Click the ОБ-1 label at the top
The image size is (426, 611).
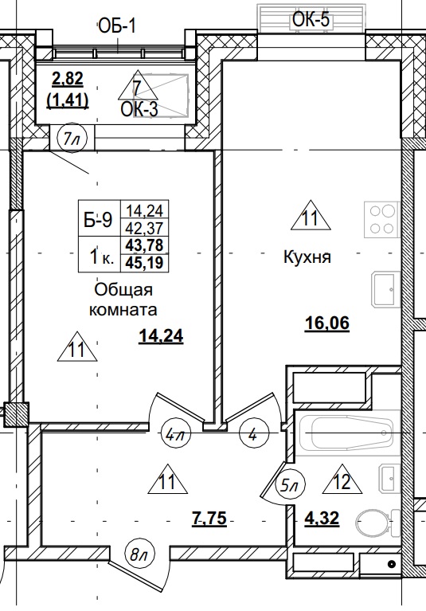(x=118, y=27)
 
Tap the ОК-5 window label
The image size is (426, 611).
(x=311, y=20)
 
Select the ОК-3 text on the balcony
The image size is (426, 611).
(x=139, y=109)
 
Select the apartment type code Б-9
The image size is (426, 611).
(x=99, y=221)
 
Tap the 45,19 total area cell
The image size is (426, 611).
(x=144, y=259)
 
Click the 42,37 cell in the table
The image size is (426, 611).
(x=144, y=225)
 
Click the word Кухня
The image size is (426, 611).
(x=307, y=258)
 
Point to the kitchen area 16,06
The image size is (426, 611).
(x=328, y=323)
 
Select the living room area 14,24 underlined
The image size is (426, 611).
(x=162, y=336)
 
